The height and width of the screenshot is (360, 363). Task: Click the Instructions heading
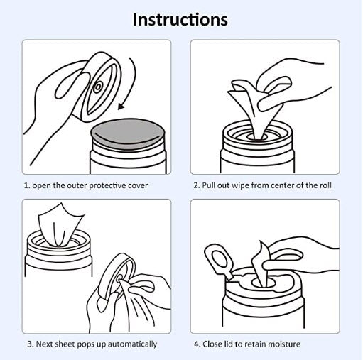tap(180, 19)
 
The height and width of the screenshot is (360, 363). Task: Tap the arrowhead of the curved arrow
tap(121, 107)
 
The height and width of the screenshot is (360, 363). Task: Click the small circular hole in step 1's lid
tap(98, 87)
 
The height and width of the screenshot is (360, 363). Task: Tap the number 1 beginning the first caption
tap(27, 185)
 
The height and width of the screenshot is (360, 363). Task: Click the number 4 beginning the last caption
tap(197, 344)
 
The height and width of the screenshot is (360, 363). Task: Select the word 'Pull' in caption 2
tap(208, 185)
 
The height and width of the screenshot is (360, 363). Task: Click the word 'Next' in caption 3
tap(44, 344)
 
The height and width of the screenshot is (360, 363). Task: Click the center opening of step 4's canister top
tap(264, 283)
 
